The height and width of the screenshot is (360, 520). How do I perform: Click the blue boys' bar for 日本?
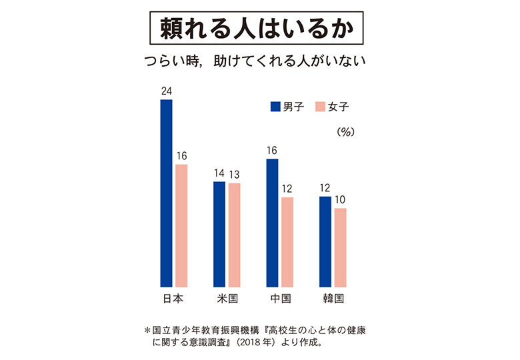(166, 193)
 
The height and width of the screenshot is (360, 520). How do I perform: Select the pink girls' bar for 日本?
(181, 225)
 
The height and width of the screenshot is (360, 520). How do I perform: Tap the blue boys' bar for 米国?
(219, 234)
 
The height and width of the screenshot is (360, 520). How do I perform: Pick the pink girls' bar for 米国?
(234, 235)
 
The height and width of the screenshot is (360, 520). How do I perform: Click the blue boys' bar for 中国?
(272, 223)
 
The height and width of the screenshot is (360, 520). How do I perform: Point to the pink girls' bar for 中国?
(287, 242)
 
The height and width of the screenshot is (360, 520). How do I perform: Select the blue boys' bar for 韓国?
(325, 241)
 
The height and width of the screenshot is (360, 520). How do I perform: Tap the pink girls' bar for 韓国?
(340, 247)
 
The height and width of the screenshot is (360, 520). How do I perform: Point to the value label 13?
(234, 174)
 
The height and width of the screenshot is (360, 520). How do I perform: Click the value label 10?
(341, 199)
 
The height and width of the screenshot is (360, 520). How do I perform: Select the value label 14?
(219, 174)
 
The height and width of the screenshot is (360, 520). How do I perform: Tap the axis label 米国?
(227, 299)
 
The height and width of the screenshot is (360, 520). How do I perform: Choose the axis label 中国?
(280, 299)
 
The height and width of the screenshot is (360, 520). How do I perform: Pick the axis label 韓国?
(333, 299)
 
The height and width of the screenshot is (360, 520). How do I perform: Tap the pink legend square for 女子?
(319, 106)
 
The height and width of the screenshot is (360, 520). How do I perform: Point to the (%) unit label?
(345, 131)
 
